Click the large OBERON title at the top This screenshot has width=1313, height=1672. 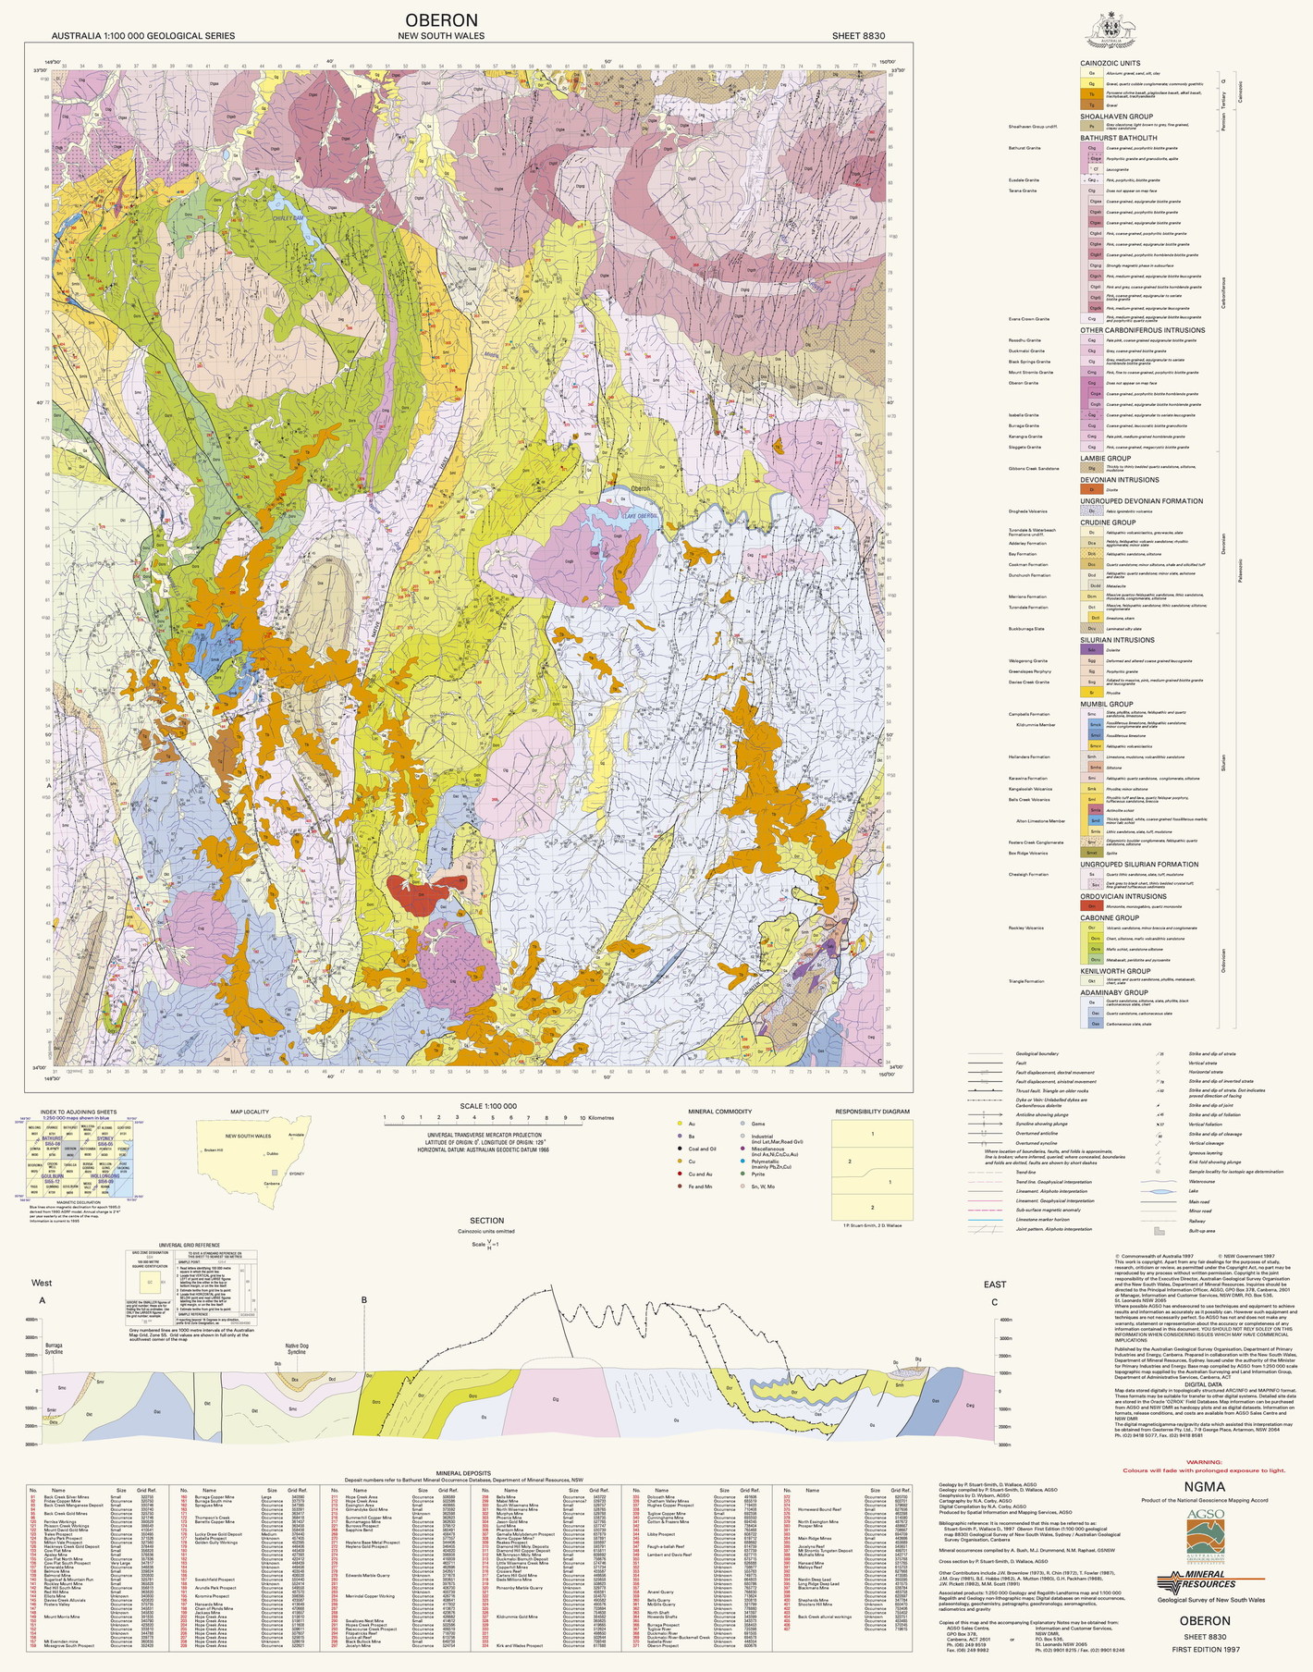(x=441, y=20)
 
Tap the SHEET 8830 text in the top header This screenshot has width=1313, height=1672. (x=858, y=36)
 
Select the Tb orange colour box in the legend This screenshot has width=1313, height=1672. (x=1092, y=94)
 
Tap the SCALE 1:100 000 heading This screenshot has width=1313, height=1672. (x=488, y=1106)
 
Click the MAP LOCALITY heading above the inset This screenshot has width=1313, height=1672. (x=250, y=1113)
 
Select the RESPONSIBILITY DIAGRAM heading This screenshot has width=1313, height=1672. (x=872, y=1112)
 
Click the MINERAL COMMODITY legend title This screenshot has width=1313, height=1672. (x=719, y=1112)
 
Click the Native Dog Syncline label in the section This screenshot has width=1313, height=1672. (x=296, y=1349)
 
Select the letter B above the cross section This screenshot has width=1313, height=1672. (x=364, y=1300)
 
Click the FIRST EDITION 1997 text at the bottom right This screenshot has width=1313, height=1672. (x=1204, y=1650)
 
